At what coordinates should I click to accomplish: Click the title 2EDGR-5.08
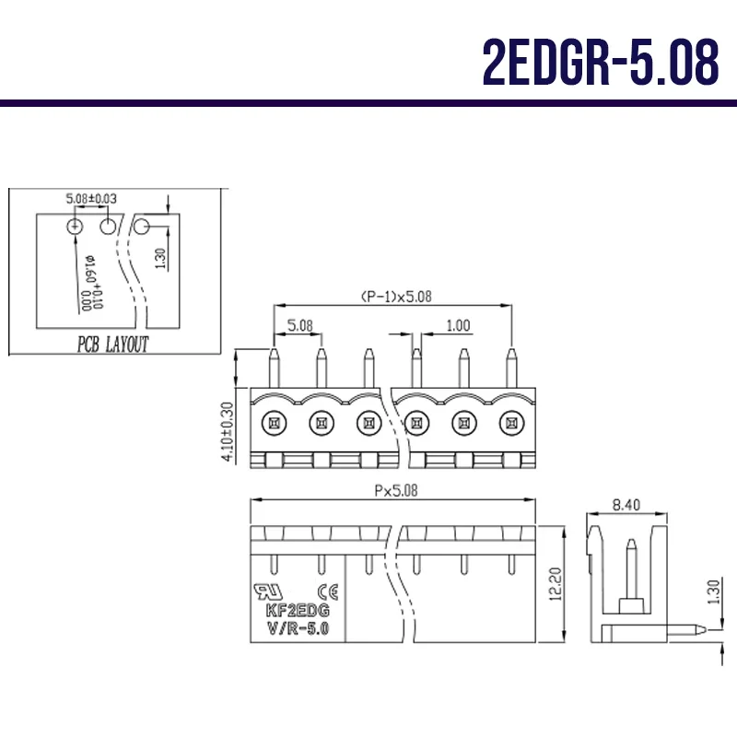(x=600, y=62)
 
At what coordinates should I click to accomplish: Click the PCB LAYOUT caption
(x=111, y=345)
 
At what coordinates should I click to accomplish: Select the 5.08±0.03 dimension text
(x=91, y=198)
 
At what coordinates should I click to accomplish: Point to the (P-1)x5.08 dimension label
(x=395, y=296)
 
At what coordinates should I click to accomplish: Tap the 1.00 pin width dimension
(x=457, y=325)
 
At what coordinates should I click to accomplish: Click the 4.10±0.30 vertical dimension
(x=227, y=430)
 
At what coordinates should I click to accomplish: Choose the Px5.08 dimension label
(x=395, y=491)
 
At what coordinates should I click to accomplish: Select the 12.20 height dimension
(x=555, y=584)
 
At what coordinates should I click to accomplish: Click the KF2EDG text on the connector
(x=298, y=611)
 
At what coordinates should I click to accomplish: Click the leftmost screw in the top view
(x=273, y=423)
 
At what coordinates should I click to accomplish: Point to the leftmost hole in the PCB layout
(x=75, y=227)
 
